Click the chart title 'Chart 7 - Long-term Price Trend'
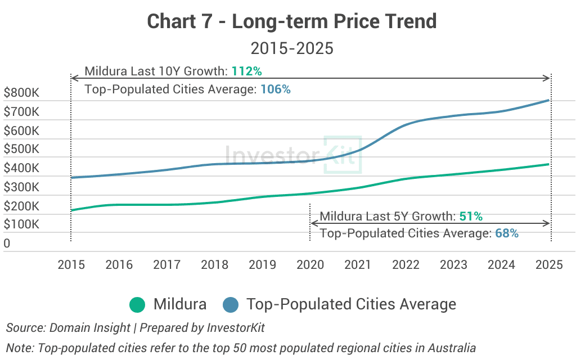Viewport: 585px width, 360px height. coord(292,21)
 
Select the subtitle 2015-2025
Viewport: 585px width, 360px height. coord(292,48)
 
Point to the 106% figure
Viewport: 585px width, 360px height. coord(276,89)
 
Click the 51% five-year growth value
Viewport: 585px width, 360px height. coord(471,217)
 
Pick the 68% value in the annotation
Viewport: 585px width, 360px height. coord(506,233)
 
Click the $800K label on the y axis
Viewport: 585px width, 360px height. coord(21,93)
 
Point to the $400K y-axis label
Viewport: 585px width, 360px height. coord(21,168)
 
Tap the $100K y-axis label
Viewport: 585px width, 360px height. coord(21,224)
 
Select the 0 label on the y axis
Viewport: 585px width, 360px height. coord(7,244)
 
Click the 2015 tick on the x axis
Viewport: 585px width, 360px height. coord(71,264)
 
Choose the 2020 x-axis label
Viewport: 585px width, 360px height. coord(310,264)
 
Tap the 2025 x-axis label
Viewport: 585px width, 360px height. coord(549,264)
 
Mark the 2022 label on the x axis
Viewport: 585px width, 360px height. coord(406,264)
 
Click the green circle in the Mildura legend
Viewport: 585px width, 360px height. coord(137,305)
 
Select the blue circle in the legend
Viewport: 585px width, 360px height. coord(231,305)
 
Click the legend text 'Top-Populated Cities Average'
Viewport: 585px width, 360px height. coord(351,305)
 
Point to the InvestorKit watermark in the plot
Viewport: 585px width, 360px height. coord(292,154)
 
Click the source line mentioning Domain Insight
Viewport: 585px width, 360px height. coord(135,327)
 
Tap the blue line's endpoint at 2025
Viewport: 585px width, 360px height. coord(548,101)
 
